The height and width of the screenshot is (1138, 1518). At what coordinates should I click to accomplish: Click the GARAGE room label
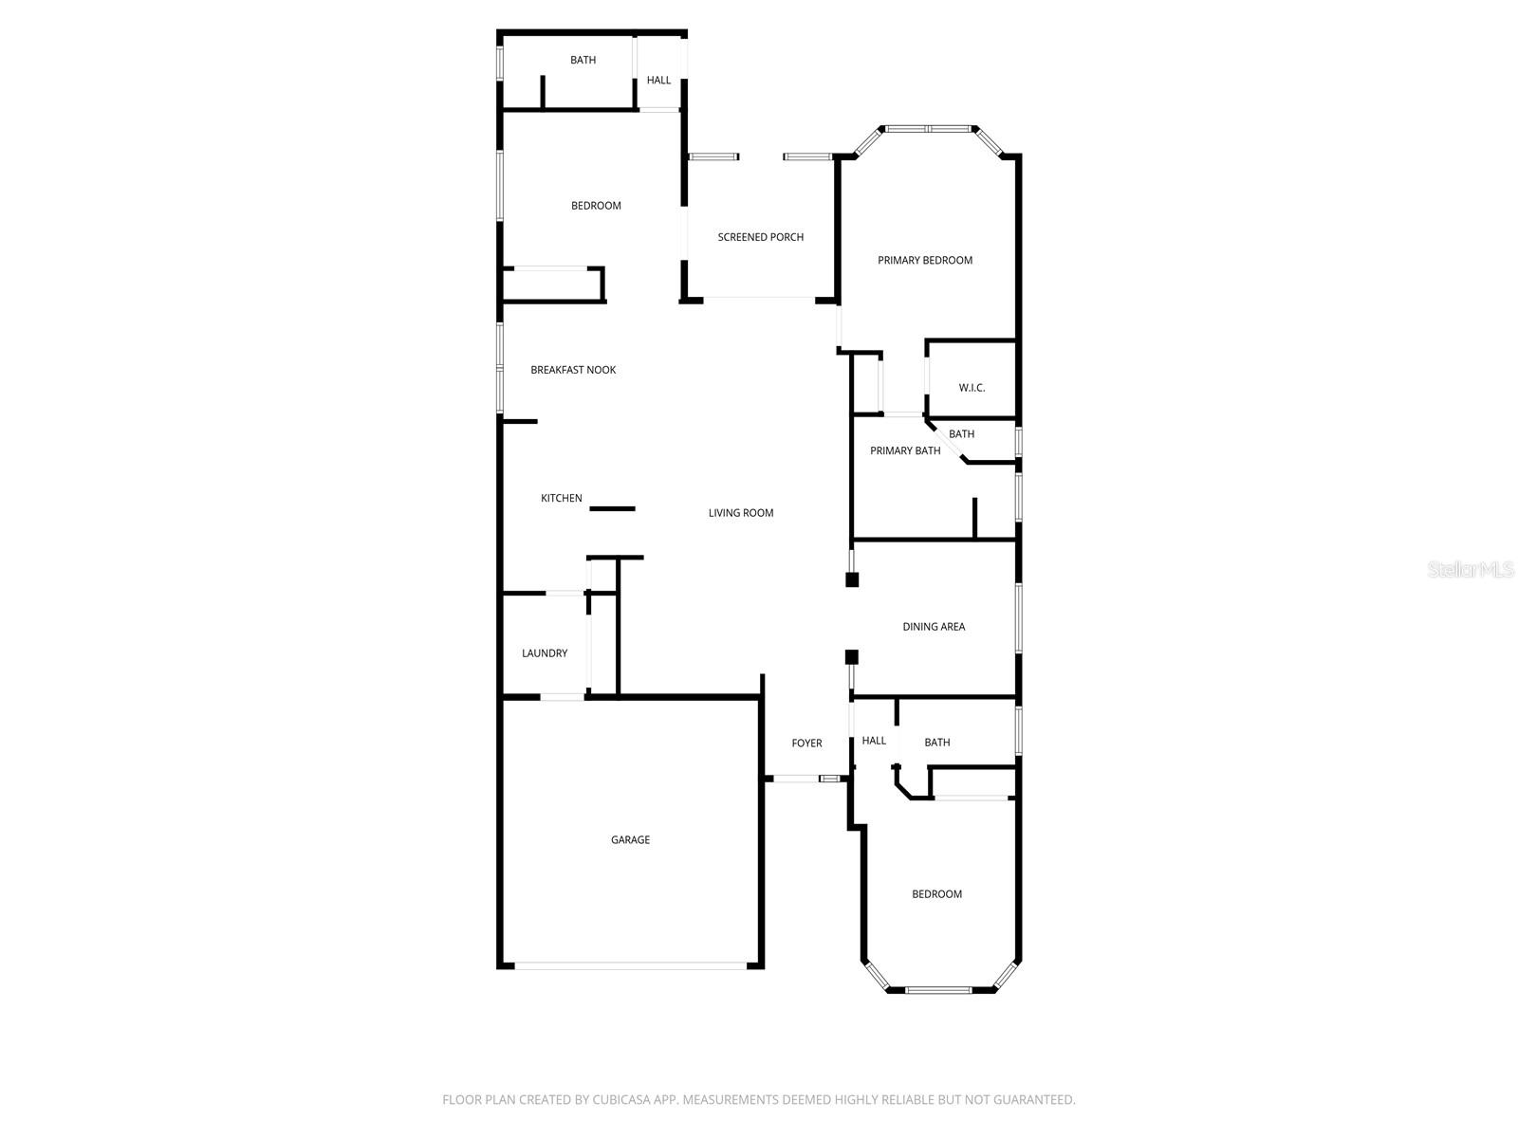pos(630,840)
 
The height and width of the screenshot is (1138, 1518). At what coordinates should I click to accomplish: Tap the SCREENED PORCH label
pos(760,237)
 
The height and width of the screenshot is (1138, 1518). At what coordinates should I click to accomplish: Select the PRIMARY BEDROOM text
pos(925,261)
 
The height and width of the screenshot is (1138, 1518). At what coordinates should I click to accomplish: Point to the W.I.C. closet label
pos(972,388)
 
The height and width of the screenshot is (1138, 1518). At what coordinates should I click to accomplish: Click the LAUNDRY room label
pos(545,653)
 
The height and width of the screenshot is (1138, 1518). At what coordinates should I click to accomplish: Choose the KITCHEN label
pos(562,499)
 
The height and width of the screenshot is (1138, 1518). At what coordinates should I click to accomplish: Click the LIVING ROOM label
pos(741,513)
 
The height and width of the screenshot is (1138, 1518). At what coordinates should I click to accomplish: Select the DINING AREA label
pos(934,627)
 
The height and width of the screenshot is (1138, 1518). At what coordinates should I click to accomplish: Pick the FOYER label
pos(806,743)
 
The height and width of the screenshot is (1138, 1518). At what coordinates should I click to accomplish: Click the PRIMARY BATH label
pos(905,451)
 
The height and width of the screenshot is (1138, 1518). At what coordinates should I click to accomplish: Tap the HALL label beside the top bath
pos(658,81)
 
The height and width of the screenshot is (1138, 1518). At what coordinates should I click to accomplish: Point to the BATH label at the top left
pos(583,61)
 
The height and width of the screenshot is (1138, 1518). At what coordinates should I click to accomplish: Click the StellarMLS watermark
pos(1472,570)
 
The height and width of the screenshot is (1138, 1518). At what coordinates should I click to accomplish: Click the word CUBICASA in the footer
pos(621,1100)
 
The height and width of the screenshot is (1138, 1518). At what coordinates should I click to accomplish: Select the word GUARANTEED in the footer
pos(1033,1100)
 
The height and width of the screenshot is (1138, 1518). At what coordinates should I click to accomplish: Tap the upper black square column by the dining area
pos(852,579)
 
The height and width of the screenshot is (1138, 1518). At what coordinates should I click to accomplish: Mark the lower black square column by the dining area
pos(851,656)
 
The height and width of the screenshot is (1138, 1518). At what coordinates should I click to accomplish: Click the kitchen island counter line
pos(612,509)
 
